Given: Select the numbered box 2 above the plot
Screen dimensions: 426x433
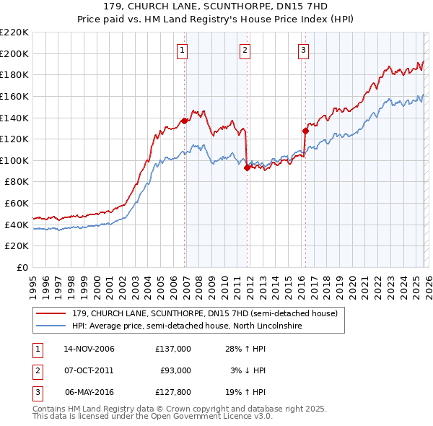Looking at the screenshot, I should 245,50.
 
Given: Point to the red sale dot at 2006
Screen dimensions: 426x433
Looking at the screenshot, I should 184,121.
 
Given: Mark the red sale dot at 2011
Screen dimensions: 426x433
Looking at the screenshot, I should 247,168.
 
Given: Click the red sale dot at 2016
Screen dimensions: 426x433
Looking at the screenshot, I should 305,131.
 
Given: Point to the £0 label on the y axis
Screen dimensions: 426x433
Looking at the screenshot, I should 23,267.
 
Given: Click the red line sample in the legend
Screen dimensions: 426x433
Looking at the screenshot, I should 51,313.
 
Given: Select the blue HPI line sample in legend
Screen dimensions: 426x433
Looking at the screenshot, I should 51,326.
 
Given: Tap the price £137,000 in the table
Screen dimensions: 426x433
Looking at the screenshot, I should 172,349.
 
